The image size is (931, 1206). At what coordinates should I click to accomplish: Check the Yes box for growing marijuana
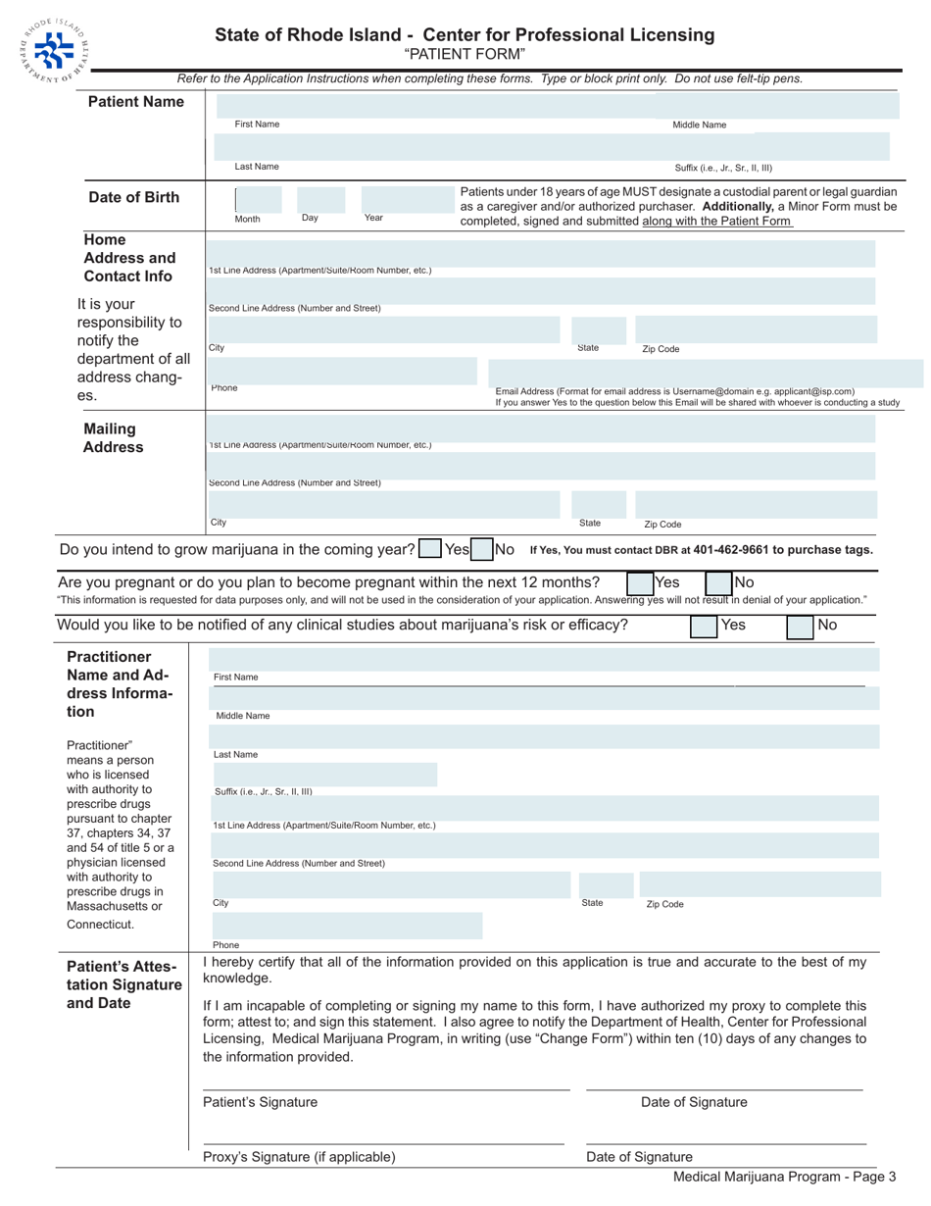point(429,550)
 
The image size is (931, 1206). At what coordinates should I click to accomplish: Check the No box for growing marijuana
point(481,550)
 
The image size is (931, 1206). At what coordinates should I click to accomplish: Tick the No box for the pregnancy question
point(718,585)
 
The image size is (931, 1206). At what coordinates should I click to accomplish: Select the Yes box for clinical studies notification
point(704,626)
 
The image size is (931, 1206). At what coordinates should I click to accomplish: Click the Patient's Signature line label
point(260,1102)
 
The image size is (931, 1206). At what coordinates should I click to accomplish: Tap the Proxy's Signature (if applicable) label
point(299,1157)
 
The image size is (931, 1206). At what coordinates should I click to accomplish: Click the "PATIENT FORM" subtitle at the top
point(465,53)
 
